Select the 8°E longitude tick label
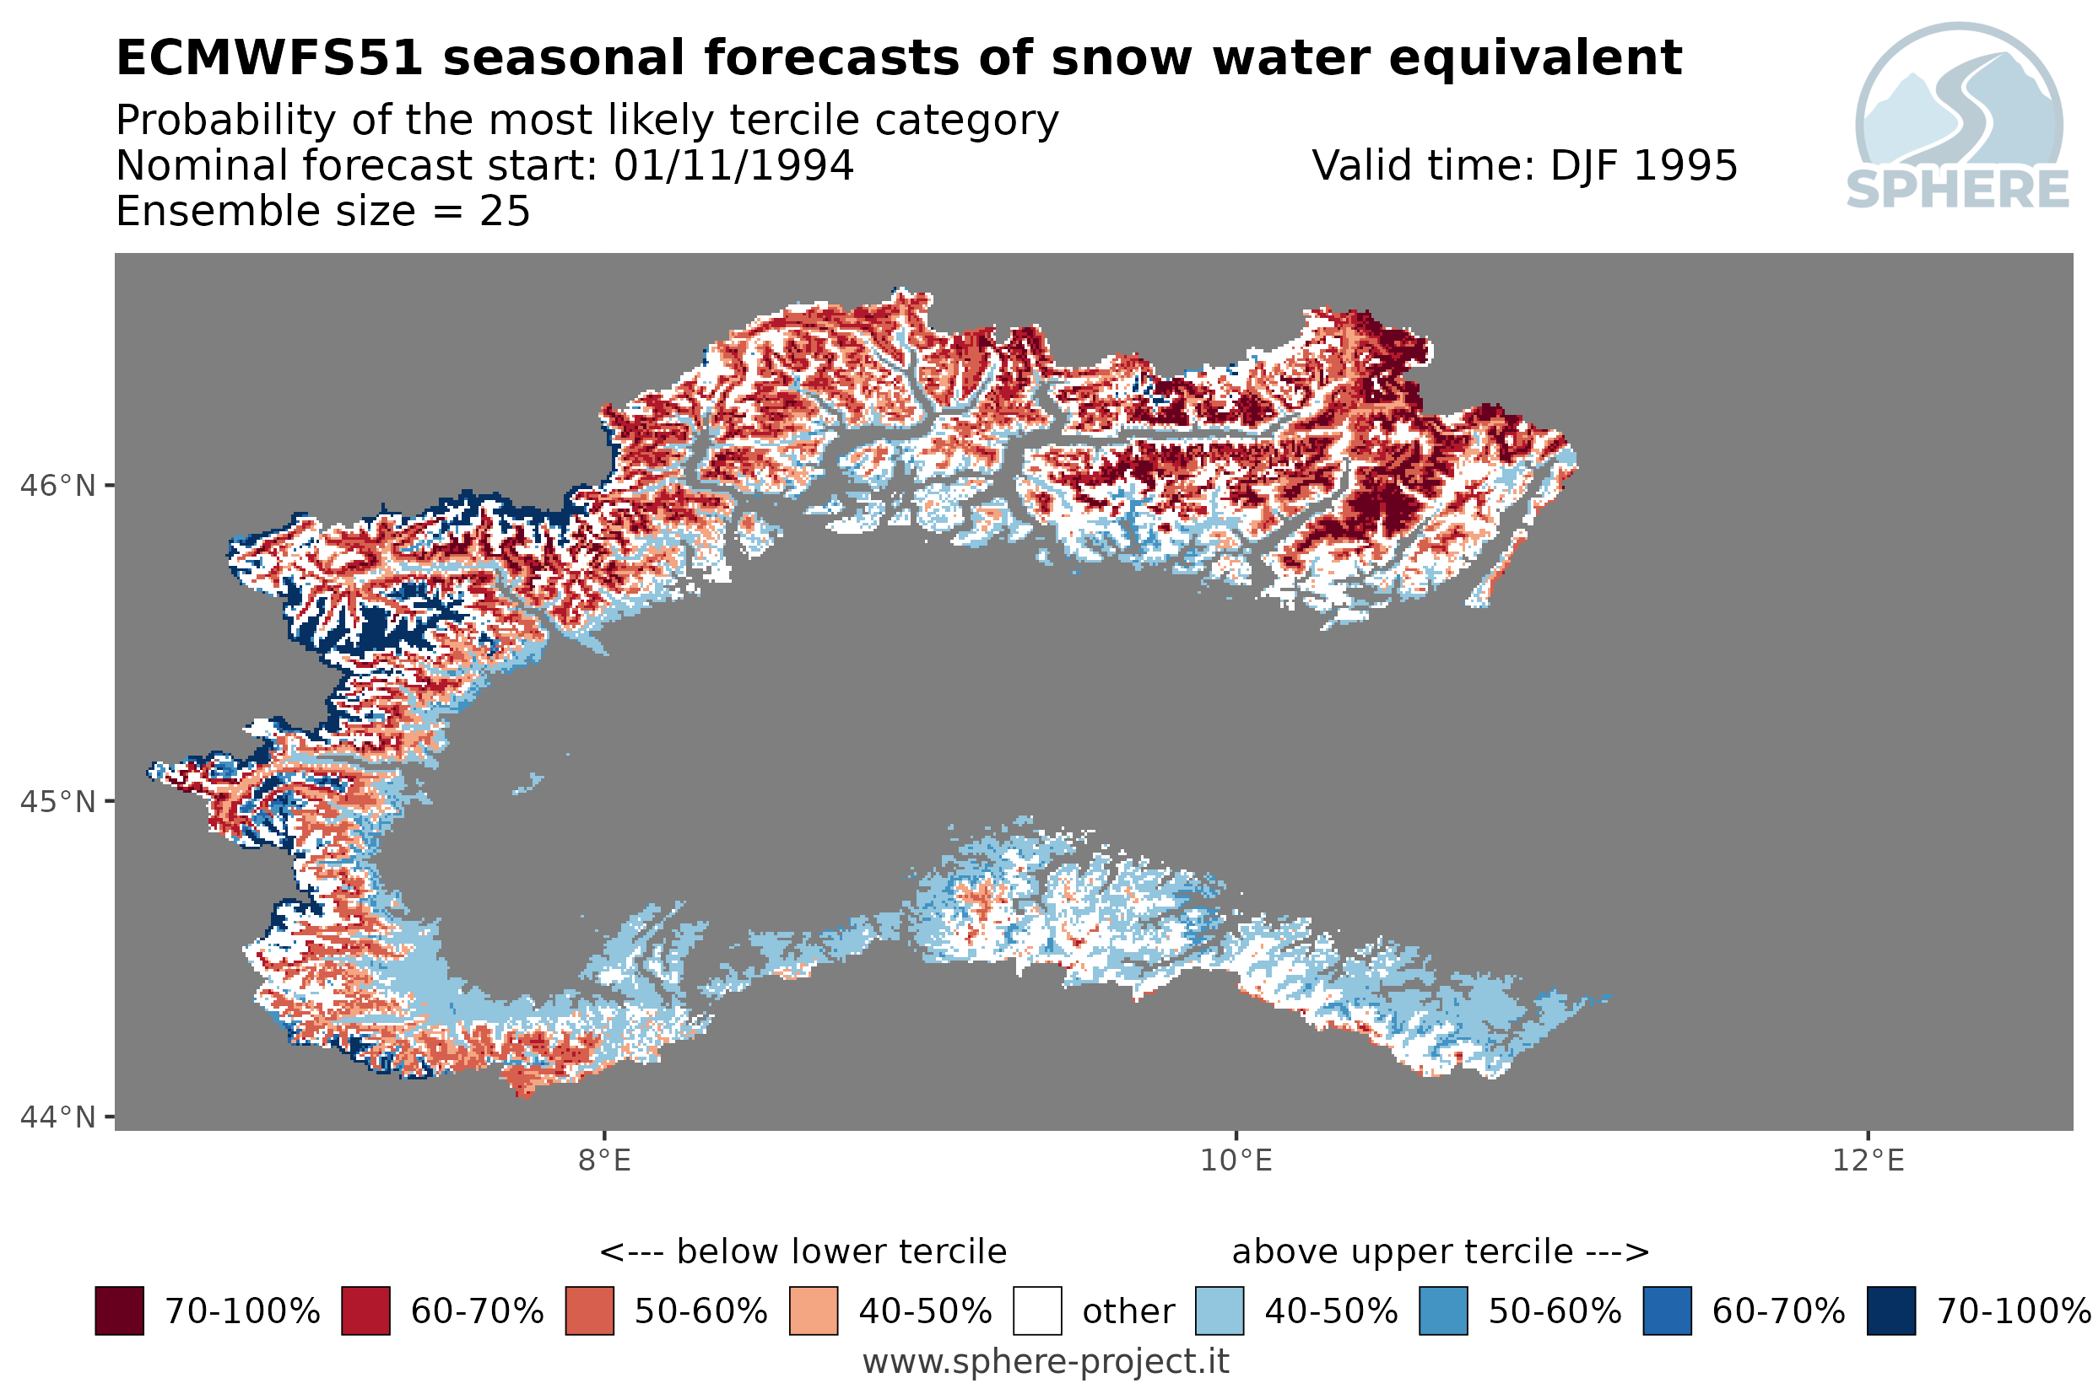point(604,1160)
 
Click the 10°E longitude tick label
point(1236,1160)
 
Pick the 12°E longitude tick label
point(1867,1160)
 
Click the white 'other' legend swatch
point(1037,1311)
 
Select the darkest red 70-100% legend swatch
point(119,1311)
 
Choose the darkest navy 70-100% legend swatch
point(1891,1311)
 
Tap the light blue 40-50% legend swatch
point(1220,1311)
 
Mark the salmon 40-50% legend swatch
point(813,1311)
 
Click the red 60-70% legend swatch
point(365,1311)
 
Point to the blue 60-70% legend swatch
point(1667,1311)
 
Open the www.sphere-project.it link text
point(1046,1361)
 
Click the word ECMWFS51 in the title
point(269,58)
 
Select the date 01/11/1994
point(733,165)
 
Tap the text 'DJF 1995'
point(1644,165)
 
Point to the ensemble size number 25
point(505,212)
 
